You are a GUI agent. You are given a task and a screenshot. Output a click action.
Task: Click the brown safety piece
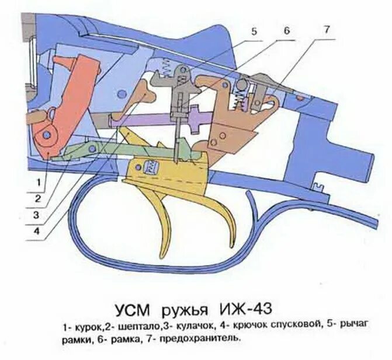pos(234,117)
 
